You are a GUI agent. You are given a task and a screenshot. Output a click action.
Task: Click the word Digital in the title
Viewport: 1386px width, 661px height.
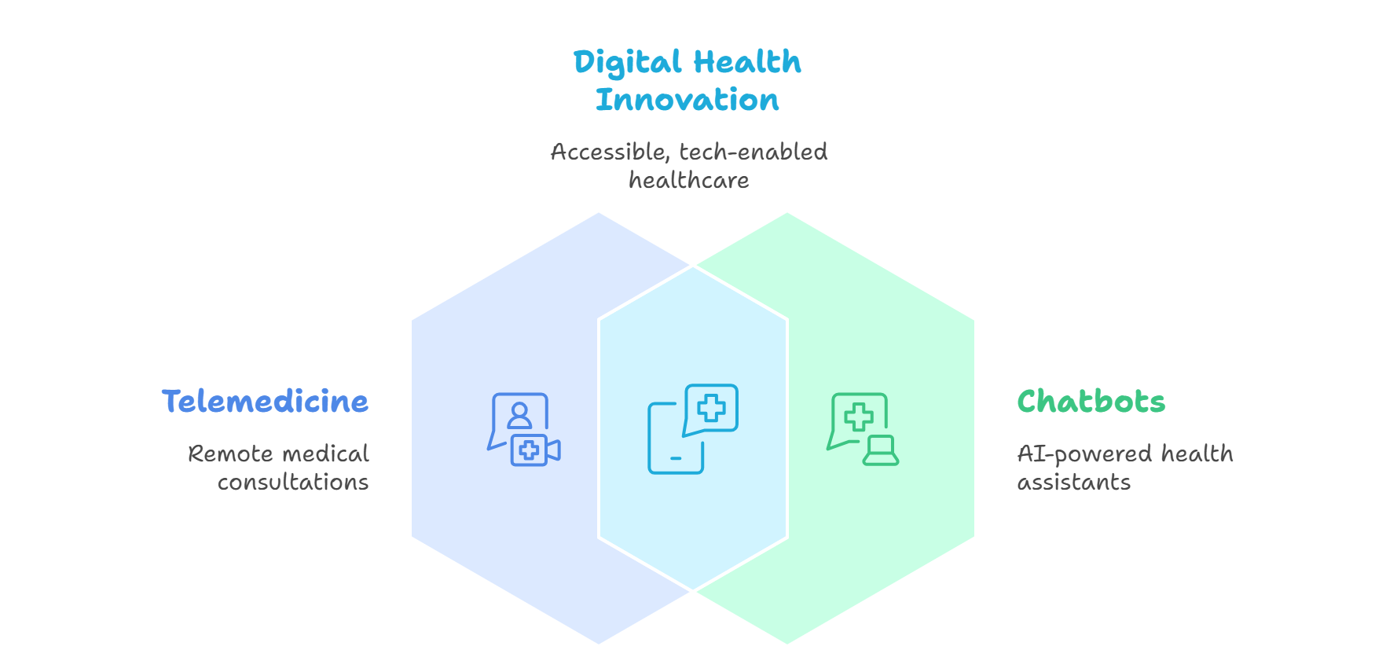(627, 63)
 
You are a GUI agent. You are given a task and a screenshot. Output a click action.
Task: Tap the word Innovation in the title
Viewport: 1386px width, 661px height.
(687, 101)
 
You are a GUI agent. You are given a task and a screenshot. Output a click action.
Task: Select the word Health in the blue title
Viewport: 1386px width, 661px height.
(747, 62)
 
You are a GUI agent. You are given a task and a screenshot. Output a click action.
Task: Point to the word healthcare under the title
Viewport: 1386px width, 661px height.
(689, 181)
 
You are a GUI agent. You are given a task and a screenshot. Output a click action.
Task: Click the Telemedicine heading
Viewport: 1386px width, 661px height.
(265, 402)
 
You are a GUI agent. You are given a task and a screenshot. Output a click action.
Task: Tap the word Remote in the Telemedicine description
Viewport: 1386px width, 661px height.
(229, 454)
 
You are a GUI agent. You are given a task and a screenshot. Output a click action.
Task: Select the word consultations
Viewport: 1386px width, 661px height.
(293, 482)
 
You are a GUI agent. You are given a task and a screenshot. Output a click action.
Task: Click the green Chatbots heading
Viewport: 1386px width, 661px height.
(1091, 402)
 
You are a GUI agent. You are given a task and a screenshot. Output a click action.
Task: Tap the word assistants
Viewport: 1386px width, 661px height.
(1074, 482)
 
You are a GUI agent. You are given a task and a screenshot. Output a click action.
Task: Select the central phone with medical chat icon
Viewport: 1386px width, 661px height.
(692, 429)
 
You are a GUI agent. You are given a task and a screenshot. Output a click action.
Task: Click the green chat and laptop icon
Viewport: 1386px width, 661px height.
(862, 429)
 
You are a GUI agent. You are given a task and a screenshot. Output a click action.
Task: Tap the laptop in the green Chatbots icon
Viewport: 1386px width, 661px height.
(881, 450)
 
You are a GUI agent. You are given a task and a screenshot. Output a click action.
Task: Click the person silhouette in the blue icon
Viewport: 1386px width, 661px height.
(519, 414)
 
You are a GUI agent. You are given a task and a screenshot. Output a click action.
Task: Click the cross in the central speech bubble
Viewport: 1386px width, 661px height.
(712, 408)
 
